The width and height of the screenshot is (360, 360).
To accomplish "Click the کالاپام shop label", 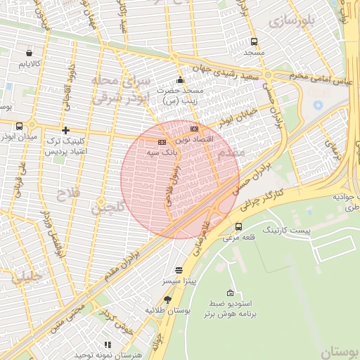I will [x=29, y=64].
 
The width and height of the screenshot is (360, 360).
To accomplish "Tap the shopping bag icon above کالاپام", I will [x=29, y=53].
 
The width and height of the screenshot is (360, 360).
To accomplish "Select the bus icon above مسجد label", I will [x=254, y=41].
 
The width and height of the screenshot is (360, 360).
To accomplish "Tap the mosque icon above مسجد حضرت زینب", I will [x=181, y=79].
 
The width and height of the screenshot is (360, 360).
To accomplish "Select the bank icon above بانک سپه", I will [x=162, y=141].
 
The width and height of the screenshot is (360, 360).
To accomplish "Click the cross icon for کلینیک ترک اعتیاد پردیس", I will [x=65, y=130].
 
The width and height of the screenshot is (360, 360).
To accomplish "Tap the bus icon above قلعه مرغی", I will [x=239, y=227].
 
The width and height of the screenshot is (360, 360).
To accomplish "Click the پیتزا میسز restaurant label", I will [x=179, y=281].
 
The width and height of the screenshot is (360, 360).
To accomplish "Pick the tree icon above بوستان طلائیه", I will [x=167, y=299].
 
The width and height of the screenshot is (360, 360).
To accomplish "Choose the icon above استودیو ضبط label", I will [x=230, y=292].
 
